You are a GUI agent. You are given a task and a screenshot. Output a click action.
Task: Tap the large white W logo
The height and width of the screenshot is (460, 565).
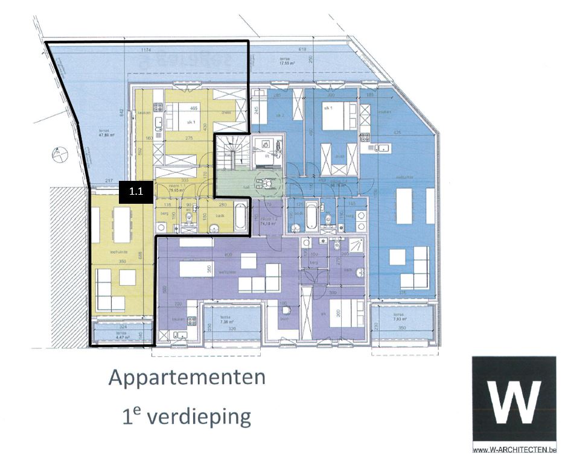514,400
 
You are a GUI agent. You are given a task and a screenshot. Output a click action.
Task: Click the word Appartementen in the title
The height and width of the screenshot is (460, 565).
187,378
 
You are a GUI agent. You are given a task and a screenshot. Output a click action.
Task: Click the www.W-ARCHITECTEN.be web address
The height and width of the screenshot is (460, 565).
514,450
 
